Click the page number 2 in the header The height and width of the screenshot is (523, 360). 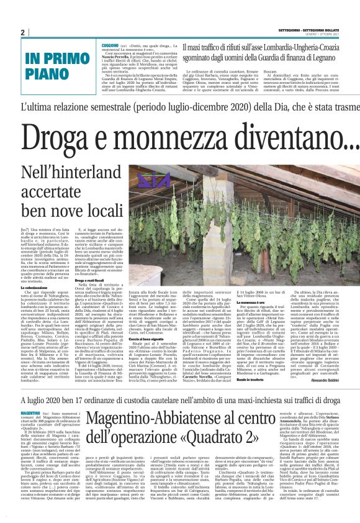pos(22,32)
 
